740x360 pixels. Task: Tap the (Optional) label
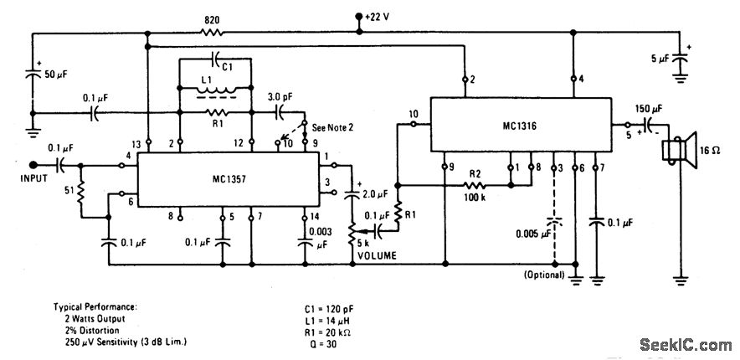pyautogui.click(x=540, y=275)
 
